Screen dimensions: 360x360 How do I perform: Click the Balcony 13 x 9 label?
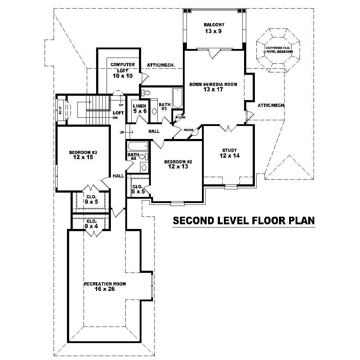(214, 28)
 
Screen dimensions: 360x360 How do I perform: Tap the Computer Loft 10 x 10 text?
(122, 70)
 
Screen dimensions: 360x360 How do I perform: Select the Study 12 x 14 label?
(229, 153)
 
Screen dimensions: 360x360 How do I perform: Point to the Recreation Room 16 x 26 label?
(105, 287)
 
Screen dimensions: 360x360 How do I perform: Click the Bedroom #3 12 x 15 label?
(84, 155)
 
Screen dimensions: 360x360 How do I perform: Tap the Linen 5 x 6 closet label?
(140, 108)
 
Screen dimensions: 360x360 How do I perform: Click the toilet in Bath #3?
(146, 93)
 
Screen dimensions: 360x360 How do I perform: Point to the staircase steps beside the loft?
(98, 103)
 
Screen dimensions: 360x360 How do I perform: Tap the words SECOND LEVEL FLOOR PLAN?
(244, 220)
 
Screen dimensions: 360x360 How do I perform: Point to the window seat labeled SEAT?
(60, 109)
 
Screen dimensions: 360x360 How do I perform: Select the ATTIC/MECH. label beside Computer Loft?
(161, 65)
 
